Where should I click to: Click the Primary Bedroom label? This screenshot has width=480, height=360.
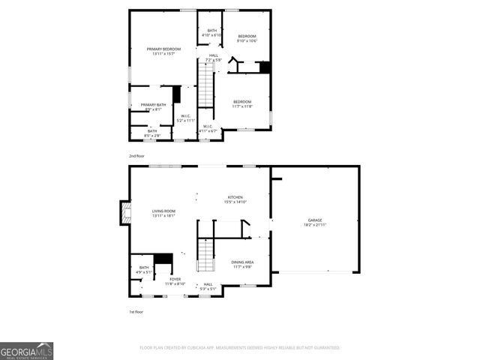click(x=163, y=49)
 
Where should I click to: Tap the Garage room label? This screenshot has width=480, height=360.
click(x=315, y=220)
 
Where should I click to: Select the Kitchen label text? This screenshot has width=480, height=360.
click(x=235, y=197)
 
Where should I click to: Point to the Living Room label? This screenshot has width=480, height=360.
click(x=163, y=211)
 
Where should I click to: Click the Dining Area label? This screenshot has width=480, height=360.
click(x=242, y=262)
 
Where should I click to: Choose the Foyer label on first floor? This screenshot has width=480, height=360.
click(x=175, y=279)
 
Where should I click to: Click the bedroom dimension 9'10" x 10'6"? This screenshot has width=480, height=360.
click(x=247, y=41)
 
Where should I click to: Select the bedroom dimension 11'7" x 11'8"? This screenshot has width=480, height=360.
click(x=242, y=106)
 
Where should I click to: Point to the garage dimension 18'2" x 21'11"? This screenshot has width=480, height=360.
click(x=315, y=225)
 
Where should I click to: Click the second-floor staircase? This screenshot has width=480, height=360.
click(x=205, y=86)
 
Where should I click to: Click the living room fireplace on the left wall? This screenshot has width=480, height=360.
click(x=124, y=213)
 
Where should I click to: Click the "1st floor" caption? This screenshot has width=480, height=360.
click(x=136, y=311)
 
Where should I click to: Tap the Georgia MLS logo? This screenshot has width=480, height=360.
click(x=26, y=350)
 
